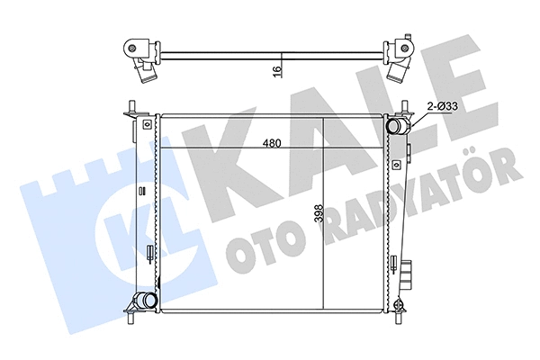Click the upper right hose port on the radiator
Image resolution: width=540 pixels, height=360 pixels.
pyautogui.click(x=396, y=128)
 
